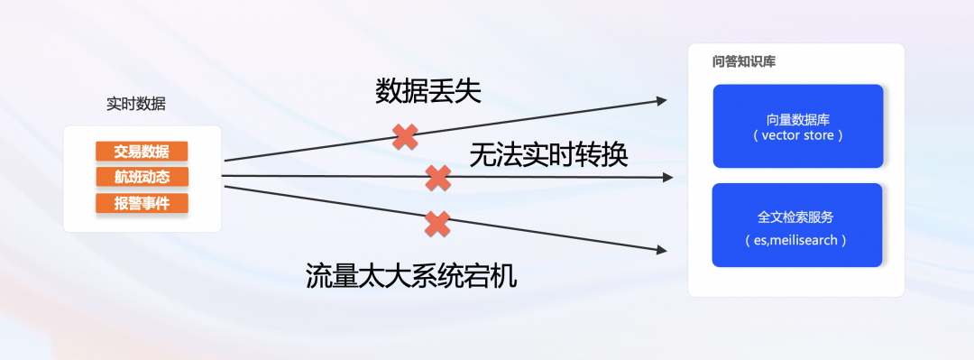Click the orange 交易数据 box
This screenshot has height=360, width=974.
pos(142,151)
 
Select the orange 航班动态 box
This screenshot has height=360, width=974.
pos(142,177)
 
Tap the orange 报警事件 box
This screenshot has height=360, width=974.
pos(142,202)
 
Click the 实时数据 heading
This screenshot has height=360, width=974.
pos(136,103)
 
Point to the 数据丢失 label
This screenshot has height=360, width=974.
pos(428,90)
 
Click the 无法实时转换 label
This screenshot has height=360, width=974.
pos(548,155)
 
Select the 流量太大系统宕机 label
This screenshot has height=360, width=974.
pos(412,274)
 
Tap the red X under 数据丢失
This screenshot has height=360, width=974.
pos(406,137)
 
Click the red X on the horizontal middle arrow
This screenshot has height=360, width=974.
pos(437,178)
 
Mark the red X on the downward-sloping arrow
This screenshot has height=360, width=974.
pos(437,223)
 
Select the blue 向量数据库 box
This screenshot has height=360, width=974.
pos(797,126)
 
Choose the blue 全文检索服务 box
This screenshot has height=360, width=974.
pos(796,225)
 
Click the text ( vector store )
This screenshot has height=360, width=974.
pos(796,136)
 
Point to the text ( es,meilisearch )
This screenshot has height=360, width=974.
pos(795,241)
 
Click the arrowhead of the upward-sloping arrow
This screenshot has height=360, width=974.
pos(665,99)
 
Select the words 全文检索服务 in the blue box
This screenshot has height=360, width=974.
pos(795,217)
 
